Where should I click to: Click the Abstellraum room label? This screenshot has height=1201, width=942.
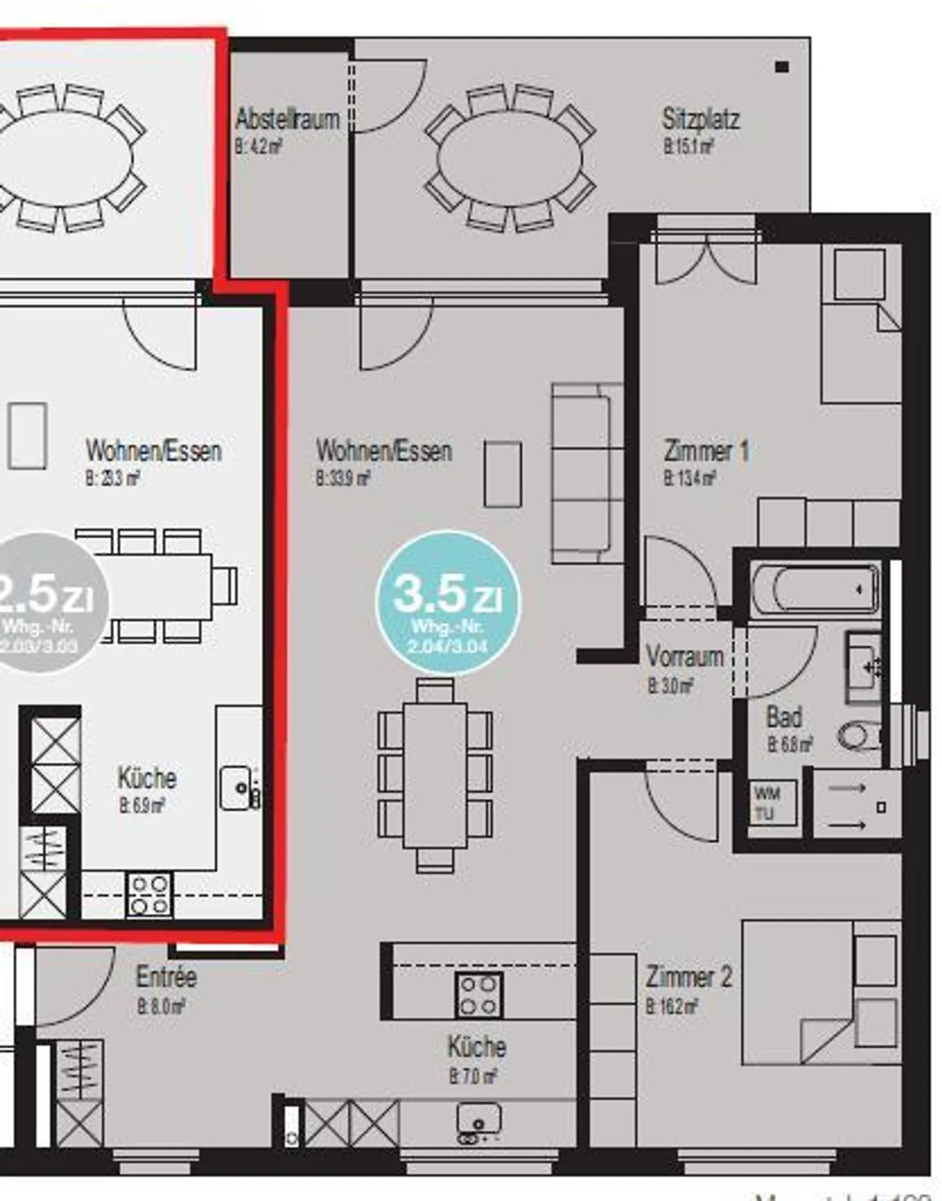[287, 120]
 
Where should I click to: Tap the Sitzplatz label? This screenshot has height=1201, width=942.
[700, 120]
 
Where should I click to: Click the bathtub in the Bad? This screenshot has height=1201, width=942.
[814, 588]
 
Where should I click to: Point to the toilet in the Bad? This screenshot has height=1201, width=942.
[860, 737]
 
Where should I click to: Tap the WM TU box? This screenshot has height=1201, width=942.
[773, 803]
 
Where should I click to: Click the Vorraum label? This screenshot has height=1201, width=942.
[684, 656]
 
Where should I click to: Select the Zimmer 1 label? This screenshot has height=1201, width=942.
[705, 451]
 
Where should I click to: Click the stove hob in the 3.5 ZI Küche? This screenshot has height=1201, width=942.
[479, 995]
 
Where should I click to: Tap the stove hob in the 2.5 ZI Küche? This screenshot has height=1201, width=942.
[149, 895]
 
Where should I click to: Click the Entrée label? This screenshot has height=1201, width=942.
[166, 977]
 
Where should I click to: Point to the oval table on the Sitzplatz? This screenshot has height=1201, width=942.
[509, 158]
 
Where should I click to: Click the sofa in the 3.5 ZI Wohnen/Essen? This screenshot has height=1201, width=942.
[586, 473]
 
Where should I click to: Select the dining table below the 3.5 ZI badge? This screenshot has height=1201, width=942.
[435, 775]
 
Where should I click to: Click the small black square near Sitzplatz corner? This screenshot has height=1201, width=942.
[782, 66]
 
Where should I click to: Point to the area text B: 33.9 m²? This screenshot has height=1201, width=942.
[343, 479]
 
